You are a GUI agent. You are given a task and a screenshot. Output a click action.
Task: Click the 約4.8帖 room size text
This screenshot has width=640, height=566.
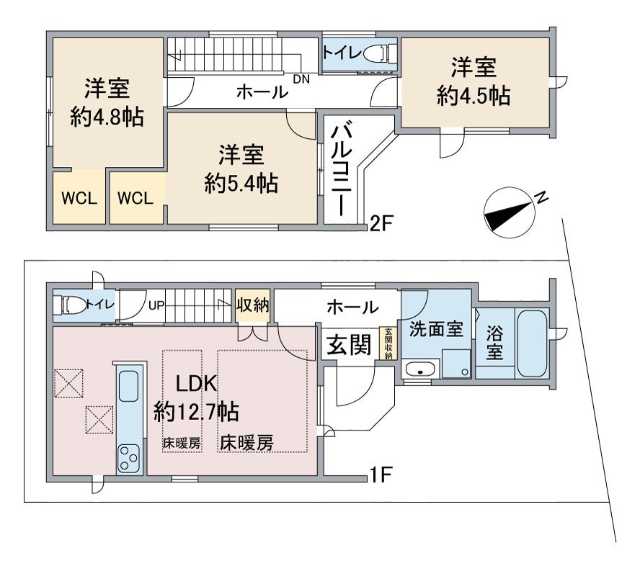[106, 117]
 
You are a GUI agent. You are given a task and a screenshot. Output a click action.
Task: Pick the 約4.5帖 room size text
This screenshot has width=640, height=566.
[474, 95]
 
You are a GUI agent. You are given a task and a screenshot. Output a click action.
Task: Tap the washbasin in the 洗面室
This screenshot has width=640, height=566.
[418, 369]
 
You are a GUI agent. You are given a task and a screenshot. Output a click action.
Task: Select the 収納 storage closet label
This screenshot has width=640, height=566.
[252, 305]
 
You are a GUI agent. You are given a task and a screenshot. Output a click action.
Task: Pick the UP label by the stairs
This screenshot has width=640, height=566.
[156, 305]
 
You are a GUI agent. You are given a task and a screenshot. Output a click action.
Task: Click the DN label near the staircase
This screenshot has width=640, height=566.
[301, 79]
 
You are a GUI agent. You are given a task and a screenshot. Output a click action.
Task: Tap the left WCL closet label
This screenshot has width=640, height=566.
[79, 199]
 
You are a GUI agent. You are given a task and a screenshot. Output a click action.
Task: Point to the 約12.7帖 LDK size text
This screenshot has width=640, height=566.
[197, 411]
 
